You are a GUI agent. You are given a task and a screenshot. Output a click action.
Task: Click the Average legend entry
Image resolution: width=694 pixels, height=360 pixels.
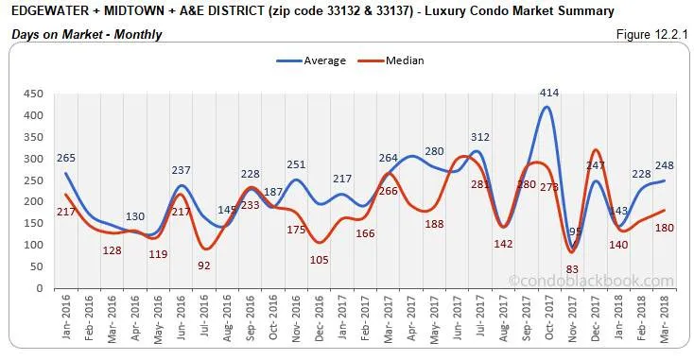(311, 60)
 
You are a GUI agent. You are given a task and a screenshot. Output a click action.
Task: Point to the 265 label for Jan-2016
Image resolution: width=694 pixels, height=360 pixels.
(65, 158)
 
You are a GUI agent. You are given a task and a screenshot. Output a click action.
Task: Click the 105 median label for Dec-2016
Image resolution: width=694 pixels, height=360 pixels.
(319, 259)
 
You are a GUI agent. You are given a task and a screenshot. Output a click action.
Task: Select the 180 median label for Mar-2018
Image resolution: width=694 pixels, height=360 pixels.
(666, 227)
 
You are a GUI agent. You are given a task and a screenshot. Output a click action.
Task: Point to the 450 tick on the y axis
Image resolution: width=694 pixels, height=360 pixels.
(33, 94)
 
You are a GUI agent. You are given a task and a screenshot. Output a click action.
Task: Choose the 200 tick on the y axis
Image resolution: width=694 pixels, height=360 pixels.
(33, 201)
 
